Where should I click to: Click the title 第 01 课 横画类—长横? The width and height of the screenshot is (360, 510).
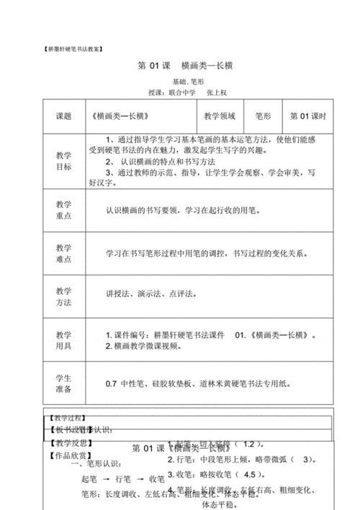coord(185,66)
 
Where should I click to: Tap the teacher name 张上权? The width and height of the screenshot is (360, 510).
coord(216,94)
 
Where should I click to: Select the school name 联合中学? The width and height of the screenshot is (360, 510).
coord(181,94)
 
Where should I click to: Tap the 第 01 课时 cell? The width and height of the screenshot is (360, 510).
coord(308,115)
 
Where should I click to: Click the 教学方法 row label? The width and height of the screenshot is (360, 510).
coord(64,297)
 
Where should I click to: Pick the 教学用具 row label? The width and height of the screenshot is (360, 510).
coord(64,340)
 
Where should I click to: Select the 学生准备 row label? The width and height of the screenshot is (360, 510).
coord(64,384)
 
